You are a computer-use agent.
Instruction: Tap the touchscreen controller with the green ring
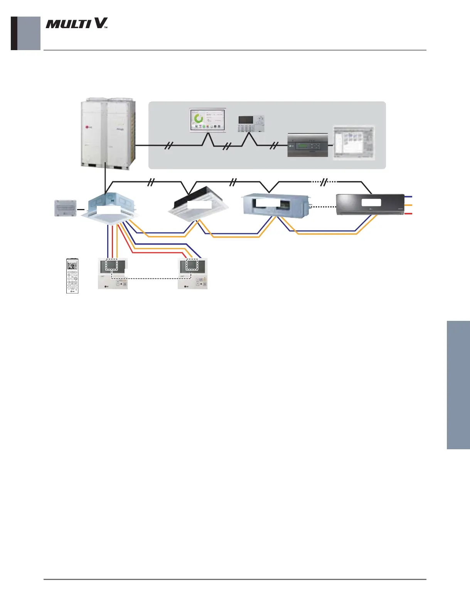[x=207, y=121]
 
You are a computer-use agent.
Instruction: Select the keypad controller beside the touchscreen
[x=251, y=123]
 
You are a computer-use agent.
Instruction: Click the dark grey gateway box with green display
[x=308, y=146]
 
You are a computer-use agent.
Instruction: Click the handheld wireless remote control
[x=72, y=276]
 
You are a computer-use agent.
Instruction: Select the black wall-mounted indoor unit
[x=370, y=204]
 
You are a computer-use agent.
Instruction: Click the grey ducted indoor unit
[x=275, y=204]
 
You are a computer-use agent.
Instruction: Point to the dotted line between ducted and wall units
[x=323, y=207]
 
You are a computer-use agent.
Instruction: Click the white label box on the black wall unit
[x=371, y=202]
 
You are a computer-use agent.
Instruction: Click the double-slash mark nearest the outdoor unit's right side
[x=168, y=145]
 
